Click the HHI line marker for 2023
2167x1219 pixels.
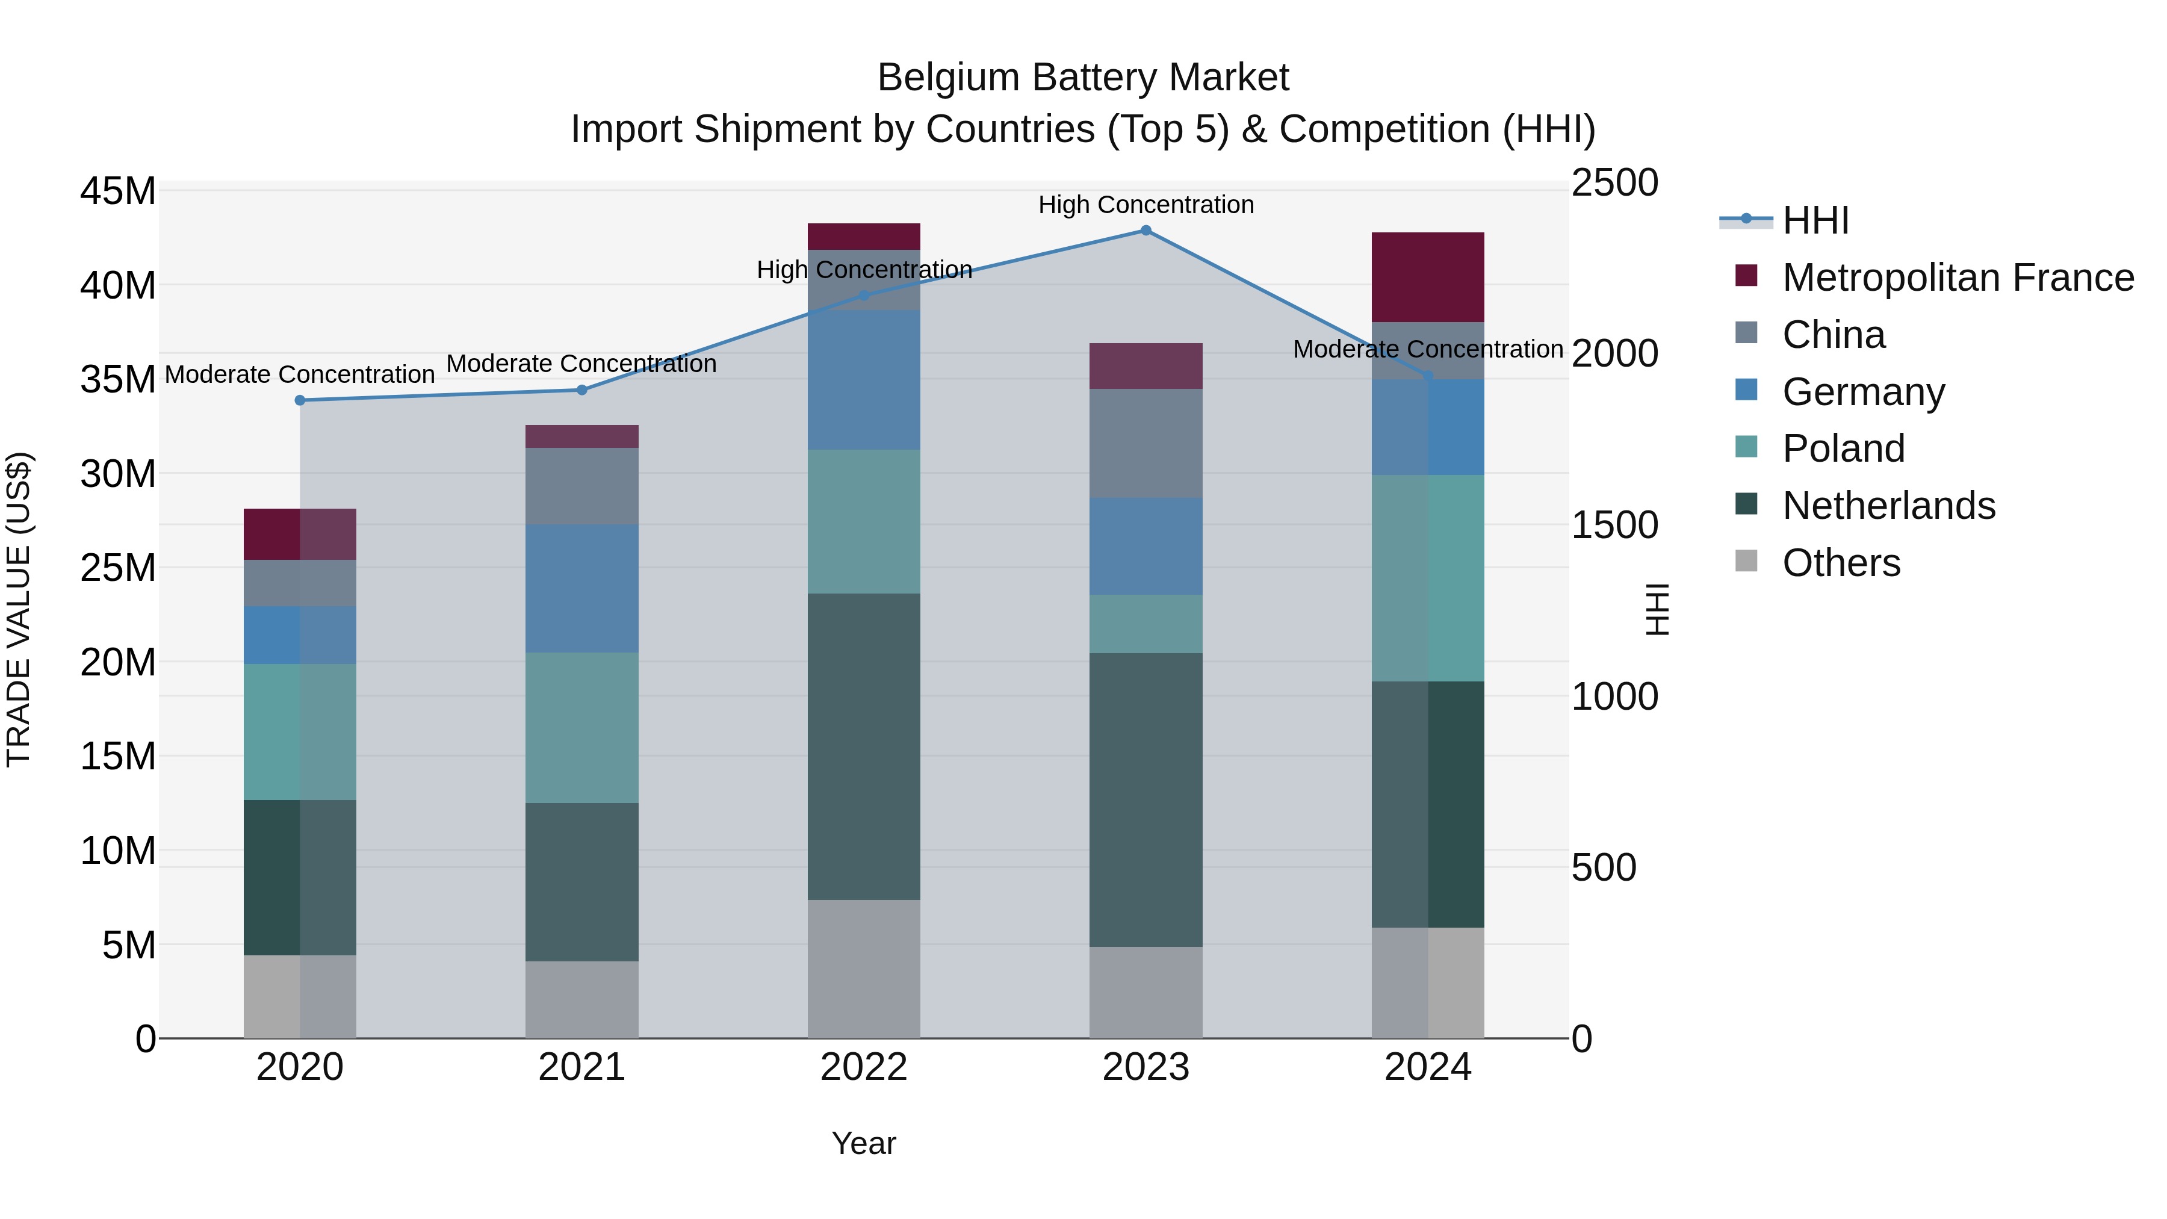click(x=1146, y=230)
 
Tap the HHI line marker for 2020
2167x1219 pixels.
click(x=300, y=400)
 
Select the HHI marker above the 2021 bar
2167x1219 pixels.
click(x=581, y=389)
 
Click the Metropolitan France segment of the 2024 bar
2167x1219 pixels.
click(x=1428, y=277)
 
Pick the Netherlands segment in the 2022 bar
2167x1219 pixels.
click(x=864, y=746)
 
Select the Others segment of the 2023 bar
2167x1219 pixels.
click(x=1146, y=992)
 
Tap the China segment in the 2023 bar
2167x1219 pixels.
click(x=1146, y=442)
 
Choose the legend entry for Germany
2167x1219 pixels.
click(x=1862, y=392)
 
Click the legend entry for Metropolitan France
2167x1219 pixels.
click(x=1957, y=278)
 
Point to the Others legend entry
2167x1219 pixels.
click(x=1841, y=563)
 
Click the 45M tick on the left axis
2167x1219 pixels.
click(x=118, y=191)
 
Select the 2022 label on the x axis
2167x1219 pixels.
click(x=864, y=1067)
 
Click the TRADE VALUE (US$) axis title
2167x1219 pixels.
click(x=19, y=609)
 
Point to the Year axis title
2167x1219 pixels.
click(x=864, y=1143)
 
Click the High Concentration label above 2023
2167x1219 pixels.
click(x=1146, y=205)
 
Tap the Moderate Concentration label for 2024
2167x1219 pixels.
click(x=1428, y=349)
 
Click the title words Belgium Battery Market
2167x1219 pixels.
click(x=1083, y=78)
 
